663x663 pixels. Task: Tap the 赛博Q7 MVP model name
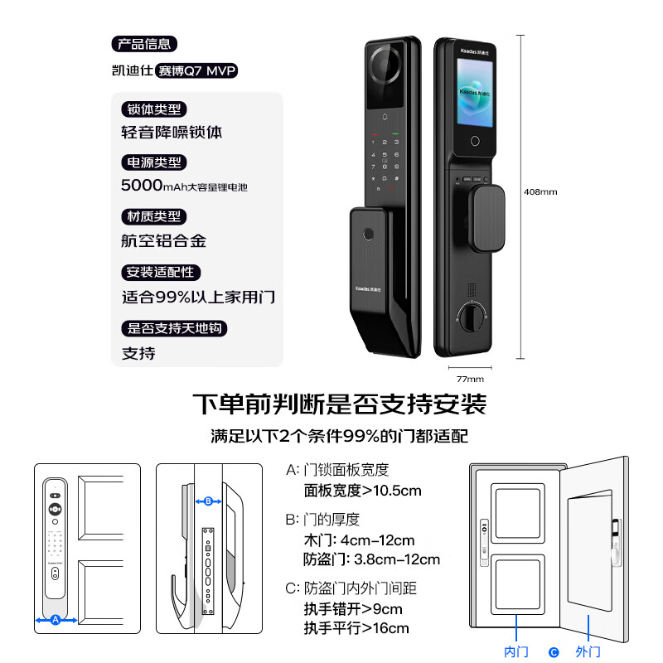[197, 71]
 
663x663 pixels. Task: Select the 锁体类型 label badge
[154, 109]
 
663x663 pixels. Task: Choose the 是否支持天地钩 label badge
[174, 328]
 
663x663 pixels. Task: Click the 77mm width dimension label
[470, 378]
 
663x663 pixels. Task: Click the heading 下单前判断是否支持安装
[339, 404]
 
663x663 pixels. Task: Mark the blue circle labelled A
[56, 619]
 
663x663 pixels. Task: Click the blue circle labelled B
[208, 501]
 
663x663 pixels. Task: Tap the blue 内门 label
[516, 651]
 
